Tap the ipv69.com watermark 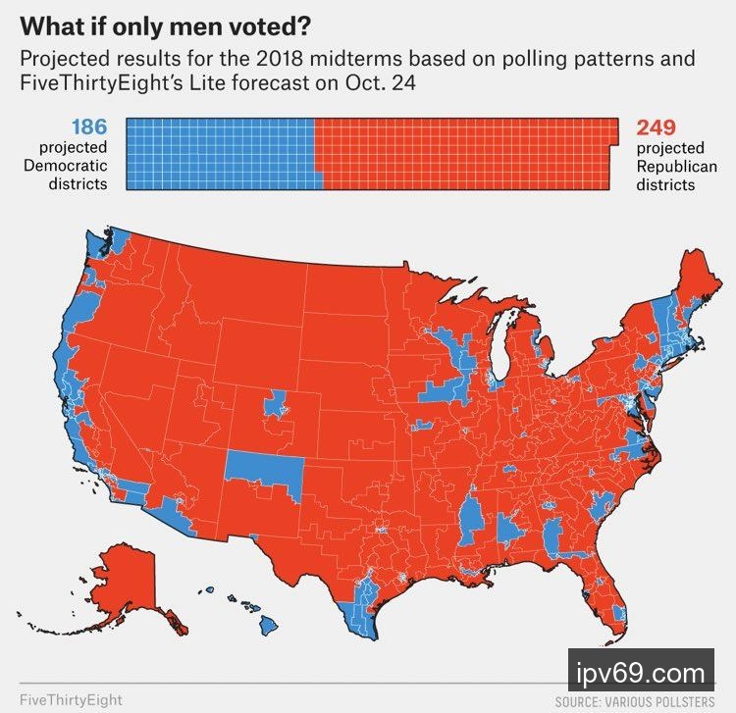tap(642, 675)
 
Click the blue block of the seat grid tap(221, 153)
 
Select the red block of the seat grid tap(466, 153)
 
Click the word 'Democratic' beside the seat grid tap(66, 166)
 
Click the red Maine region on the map tap(699, 284)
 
